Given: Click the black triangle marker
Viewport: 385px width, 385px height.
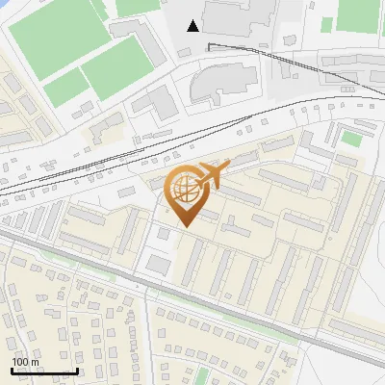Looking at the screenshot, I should (193, 25).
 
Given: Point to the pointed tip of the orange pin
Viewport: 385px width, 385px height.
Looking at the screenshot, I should (184, 226).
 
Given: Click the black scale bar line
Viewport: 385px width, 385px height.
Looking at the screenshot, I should (44, 371).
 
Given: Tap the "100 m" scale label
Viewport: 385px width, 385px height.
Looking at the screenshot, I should (25, 362).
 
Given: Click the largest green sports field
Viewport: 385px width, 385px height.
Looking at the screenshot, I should (58, 36).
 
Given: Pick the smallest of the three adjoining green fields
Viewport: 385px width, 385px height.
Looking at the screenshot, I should (65, 88).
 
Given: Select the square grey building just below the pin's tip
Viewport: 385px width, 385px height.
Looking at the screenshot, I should (160, 237).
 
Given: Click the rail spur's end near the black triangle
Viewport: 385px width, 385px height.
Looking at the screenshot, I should (209, 43).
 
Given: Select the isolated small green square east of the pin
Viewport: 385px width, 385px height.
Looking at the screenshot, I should (351, 140).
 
